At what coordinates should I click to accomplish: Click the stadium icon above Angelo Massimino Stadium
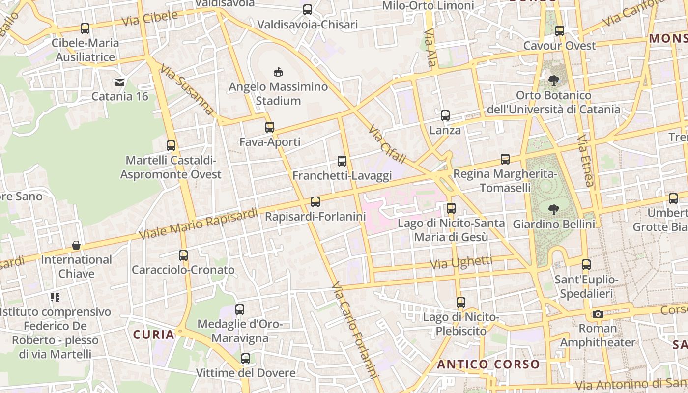(x=278, y=72)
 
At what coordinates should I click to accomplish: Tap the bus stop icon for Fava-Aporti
(x=269, y=127)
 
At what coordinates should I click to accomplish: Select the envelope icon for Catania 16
(x=120, y=82)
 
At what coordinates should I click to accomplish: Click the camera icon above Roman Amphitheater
(x=598, y=314)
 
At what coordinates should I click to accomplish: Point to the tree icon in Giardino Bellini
(x=554, y=210)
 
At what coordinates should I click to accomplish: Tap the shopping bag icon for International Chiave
(x=76, y=245)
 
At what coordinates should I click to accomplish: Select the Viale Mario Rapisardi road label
(x=198, y=224)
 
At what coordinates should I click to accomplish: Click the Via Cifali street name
(x=387, y=144)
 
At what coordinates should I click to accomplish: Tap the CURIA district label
(x=154, y=335)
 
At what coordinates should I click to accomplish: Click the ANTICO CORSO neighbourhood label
(x=488, y=365)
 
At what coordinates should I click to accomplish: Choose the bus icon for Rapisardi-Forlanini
(x=315, y=201)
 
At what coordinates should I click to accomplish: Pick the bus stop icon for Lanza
(x=445, y=115)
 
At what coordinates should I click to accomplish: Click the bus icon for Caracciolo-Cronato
(x=183, y=255)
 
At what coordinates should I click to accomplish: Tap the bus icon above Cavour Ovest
(x=559, y=31)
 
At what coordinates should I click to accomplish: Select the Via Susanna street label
(x=187, y=90)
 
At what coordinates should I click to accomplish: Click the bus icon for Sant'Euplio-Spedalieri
(x=586, y=265)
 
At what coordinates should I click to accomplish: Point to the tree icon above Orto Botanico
(x=554, y=80)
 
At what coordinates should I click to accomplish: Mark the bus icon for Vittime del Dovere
(x=246, y=358)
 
